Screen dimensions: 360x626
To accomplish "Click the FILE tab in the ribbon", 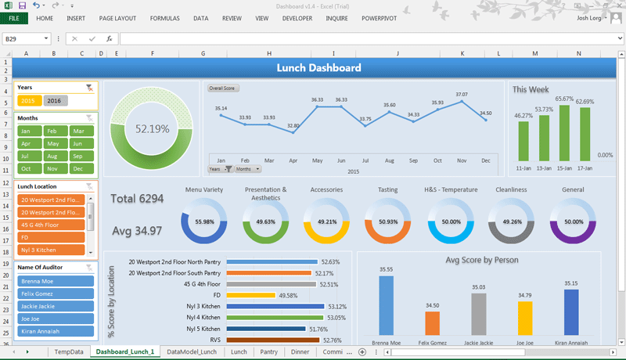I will coord(14,18).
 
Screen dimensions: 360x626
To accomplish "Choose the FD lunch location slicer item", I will coord(52,236).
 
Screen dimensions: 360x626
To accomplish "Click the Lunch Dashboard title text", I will coord(318,68).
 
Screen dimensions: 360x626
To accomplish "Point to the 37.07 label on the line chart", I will coord(462,95).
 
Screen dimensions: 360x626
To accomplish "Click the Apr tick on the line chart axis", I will coord(293,160).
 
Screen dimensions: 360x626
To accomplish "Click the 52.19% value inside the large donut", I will coord(153,128).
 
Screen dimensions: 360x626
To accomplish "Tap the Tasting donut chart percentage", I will coord(388,221).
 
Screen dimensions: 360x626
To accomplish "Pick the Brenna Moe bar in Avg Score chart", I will coord(387,305).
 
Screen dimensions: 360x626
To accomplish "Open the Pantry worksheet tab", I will coord(269,352).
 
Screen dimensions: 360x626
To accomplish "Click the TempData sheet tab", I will coord(69,352).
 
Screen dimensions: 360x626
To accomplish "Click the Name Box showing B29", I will coord(23,38).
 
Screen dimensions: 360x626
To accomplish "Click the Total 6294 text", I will coord(138,199).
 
